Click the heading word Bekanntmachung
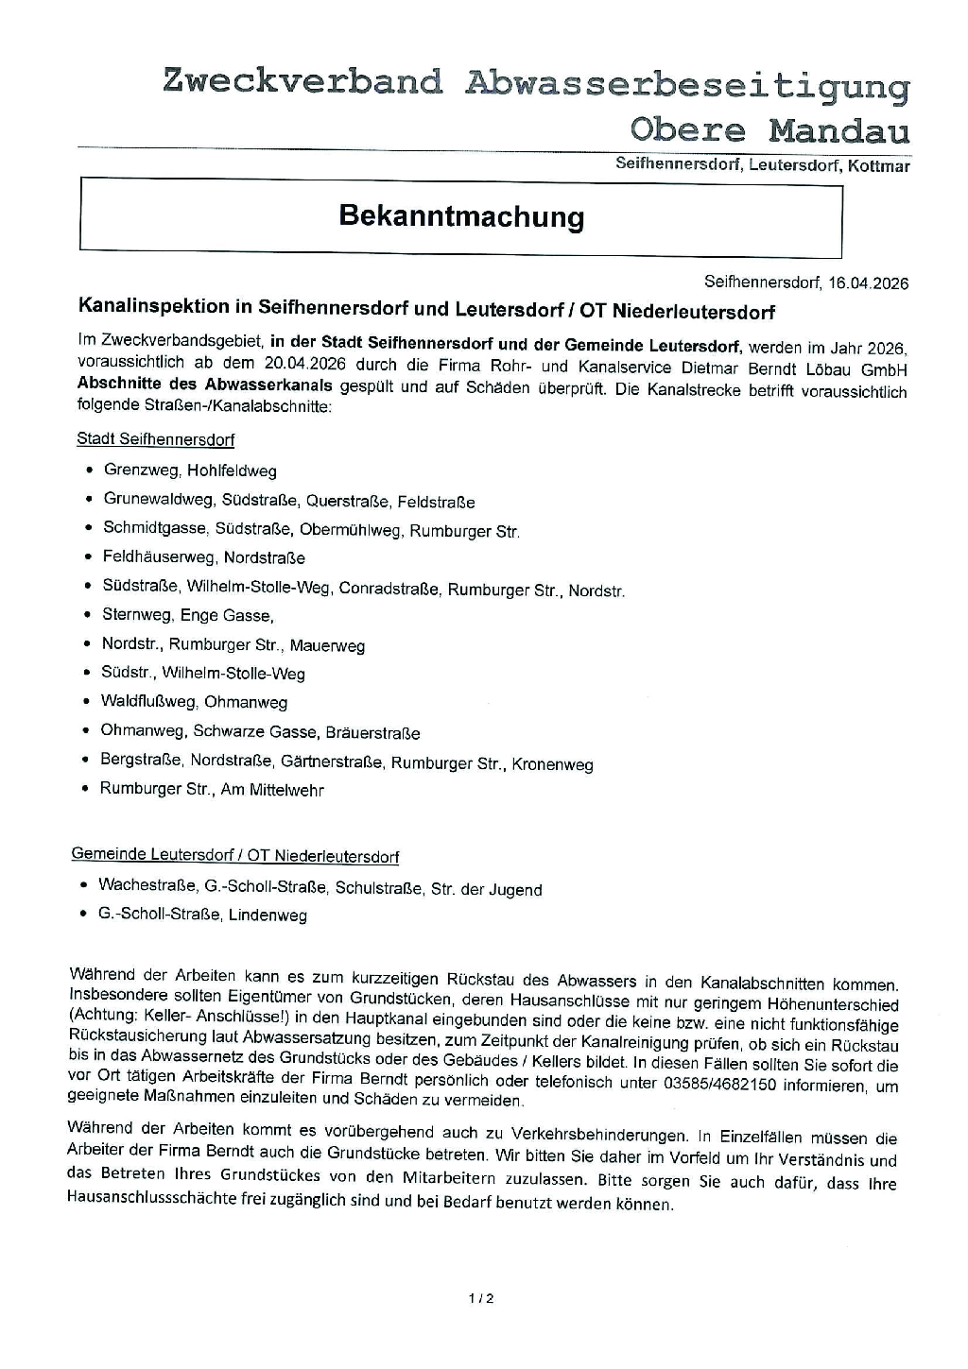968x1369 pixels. coord(461,216)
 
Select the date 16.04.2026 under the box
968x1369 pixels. coord(868,282)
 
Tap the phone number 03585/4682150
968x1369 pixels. coord(723,1085)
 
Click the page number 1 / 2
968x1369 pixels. coord(481,1298)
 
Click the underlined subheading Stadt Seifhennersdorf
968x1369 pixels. coord(155,439)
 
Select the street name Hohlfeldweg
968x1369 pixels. coord(232,471)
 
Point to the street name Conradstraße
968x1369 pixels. coord(389,590)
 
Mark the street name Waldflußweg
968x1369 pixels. coord(148,702)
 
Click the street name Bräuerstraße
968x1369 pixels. coord(372,733)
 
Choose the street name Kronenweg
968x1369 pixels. coord(553,764)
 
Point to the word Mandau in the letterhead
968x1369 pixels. coord(838,130)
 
